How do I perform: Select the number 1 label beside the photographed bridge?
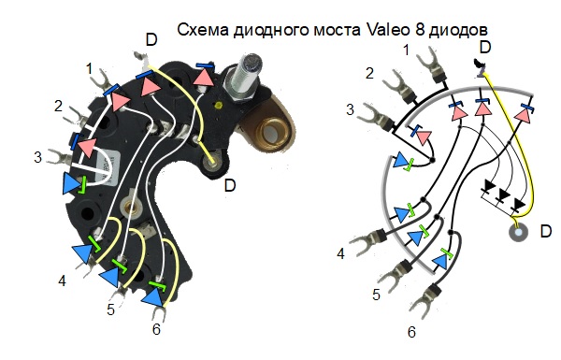(x=90, y=68)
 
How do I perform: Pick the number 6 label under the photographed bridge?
(x=156, y=329)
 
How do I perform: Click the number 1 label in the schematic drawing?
(x=405, y=48)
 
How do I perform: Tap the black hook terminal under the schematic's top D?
(x=481, y=67)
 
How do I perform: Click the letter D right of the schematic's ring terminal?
(x=546, y=229)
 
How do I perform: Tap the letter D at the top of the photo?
(x=151, y=39)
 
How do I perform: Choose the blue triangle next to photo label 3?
(x=71, y=182)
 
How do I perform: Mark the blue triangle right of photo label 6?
(x=152, y=297)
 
